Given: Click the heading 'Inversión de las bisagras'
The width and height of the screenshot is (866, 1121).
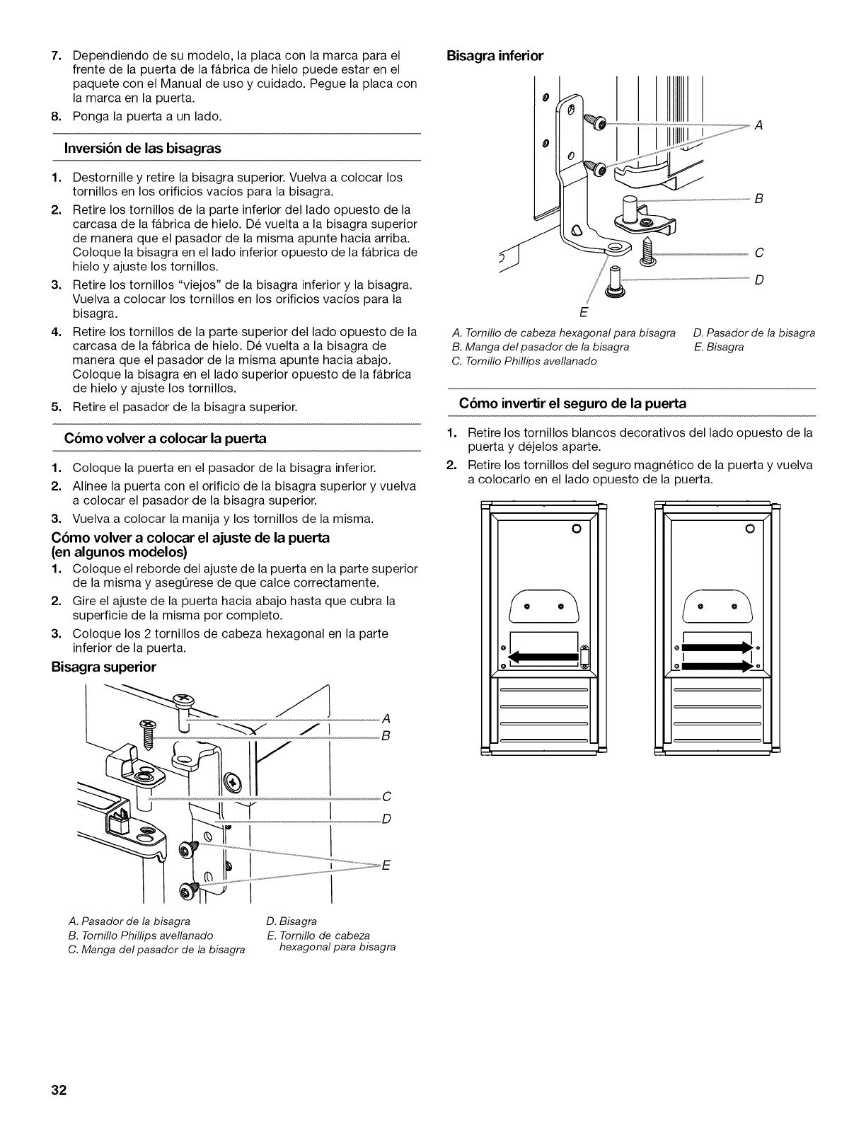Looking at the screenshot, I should click(x=143, y=148).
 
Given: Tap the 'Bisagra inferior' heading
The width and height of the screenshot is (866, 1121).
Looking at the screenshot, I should click(x=495, y=55).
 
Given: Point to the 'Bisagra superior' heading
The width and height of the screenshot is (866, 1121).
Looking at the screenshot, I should click(x=103, y=667).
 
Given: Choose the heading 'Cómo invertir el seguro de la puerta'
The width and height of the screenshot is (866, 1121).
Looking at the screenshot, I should click(x=572, y=403).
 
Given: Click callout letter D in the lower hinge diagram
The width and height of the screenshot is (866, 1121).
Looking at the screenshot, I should click(x=758, y=280).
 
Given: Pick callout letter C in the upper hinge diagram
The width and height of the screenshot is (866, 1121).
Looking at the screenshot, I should click(x=386, y=797).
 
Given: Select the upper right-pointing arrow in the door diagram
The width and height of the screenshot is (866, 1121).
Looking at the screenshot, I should click(x=716, y=646).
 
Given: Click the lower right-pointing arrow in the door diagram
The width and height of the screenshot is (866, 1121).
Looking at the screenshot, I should click(x=716, y=665).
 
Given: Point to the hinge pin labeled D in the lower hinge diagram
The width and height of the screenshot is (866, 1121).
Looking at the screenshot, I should click(x=615, y=280).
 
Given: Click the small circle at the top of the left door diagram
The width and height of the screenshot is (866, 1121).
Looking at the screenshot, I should click(x=576, y=529).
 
